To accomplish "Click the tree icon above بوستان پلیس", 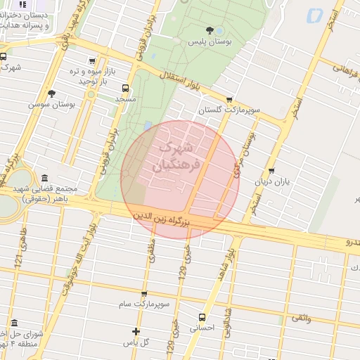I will pyautogui.click(x=210, y=30).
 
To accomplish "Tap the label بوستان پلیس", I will pyautogui.click(x=209, y=42).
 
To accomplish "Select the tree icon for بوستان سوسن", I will pyautogui.click(x=51, y=93).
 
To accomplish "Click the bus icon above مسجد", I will pyautogui.click(x=125, y=89).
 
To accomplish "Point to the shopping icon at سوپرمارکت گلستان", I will pyautogui.click(x=229, y=100).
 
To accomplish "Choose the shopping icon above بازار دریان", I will pyautogui.click(x=271, y=171).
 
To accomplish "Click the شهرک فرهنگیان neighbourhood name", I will pyautogui.click(x=176, y=156).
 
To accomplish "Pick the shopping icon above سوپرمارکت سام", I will pyautogui.click(x=144, y=294).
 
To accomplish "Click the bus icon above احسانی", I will pyautogui.click(x=202, y=317).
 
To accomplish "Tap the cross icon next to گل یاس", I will pyautogui.click(x=136, y=331).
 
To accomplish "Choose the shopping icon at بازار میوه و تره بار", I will pyautogui.click(x=91, y=61).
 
